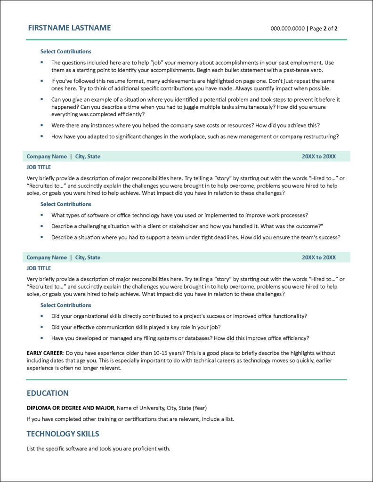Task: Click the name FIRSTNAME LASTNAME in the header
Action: (x=69, y=28)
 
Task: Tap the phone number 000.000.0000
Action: (x=288, y=28)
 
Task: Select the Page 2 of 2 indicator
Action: (x=324, y=28)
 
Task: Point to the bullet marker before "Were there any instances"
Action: (x=41, y=125)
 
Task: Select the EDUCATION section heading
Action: (x=48, y=393)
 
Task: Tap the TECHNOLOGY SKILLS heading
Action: (x=63, y=434)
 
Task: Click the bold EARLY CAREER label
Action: (x=44, y=353)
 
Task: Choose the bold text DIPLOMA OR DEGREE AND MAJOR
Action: (x=70, y=408)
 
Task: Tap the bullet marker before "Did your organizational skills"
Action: (x=41, y=316)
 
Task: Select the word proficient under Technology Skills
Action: (x=142, y=449)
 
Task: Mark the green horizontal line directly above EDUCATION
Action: (x=186, y=379)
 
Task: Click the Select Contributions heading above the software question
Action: (x=65, y=204)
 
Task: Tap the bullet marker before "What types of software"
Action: (x=41, y=215)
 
